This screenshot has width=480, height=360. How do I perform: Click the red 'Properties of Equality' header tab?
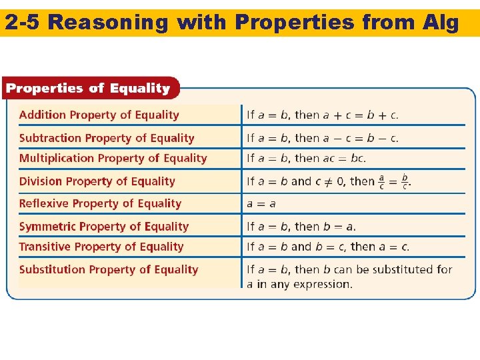point(88,88)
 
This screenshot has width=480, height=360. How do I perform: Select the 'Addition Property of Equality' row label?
point(99,115)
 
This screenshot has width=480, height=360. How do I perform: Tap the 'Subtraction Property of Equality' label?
point(107,138)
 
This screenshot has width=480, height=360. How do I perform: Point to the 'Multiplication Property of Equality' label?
point(113,158)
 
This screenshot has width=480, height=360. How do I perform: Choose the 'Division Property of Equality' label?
point(97,181)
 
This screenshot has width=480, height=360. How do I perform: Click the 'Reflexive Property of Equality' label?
point(100,203)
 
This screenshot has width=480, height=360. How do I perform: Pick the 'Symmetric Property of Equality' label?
point(104,227)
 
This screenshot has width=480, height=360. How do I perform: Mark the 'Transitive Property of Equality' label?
point(101,247)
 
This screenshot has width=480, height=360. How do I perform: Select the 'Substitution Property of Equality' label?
point(109,269)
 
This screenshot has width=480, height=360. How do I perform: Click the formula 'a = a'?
point(261,204)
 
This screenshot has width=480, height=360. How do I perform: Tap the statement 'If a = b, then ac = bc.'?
point(306,159)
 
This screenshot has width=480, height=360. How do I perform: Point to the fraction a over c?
point(381,182)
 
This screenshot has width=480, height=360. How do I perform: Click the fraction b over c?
point(404,182)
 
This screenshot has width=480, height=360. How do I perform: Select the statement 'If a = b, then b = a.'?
point(301,227)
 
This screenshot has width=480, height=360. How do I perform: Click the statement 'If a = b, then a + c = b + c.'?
point(323,115)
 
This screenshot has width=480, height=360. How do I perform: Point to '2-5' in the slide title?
point(23,23)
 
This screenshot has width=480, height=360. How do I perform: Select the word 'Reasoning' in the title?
point(109,23)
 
